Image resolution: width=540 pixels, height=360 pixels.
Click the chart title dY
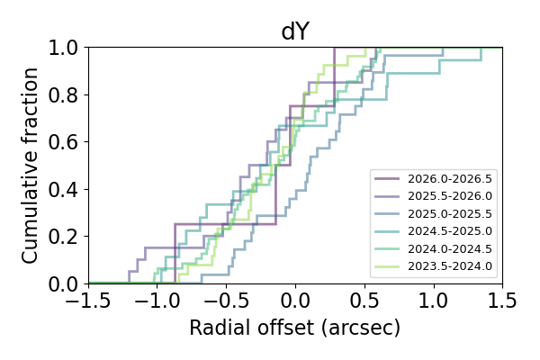click(x=295, y=32)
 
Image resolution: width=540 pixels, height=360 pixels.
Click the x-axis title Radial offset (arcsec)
click(x=295, y=328)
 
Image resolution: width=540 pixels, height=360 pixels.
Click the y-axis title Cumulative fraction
click(x=31, y=165)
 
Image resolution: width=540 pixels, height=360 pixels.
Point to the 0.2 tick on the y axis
click(x=65, y=237)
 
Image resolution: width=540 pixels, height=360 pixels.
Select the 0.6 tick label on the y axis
click(x=65, y=141)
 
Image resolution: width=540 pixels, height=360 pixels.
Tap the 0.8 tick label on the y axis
click(x=65, y=94)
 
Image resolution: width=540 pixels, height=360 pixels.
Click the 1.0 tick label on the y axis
click(x=65, y=47)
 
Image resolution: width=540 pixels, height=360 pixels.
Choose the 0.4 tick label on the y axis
click(x=65, y=189)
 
